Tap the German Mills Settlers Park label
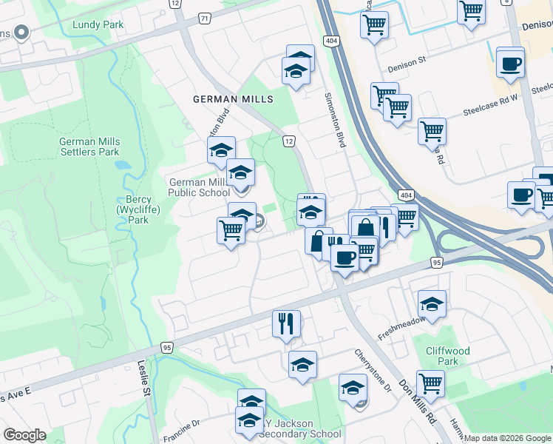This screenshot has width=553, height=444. (x=89, y=147)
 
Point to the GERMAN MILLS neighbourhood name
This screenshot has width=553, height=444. (x=233, y=99)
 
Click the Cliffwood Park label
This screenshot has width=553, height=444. (x=447, y=357)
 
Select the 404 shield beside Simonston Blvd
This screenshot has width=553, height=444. (x=330, y=41)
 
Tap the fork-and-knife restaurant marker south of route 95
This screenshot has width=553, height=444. (x=286, y=323)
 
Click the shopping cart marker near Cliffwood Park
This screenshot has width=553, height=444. (x=430, y=383)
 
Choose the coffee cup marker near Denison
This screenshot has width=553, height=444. (x=510, y=63)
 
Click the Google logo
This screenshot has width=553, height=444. (x=25, y=435)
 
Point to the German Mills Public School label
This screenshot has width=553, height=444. (x=199, y=187)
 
